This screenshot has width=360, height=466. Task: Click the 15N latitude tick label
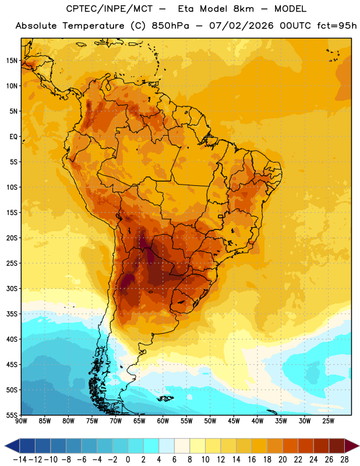12,61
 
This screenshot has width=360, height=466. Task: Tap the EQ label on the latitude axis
13,137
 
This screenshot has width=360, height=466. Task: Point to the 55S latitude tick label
12,415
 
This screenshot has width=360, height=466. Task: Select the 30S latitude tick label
12,288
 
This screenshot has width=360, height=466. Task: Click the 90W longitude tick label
21,421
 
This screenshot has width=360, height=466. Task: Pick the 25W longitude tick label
328,421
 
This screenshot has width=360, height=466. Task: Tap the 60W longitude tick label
163,421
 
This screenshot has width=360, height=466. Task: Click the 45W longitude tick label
234,421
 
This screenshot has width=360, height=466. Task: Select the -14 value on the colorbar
20,460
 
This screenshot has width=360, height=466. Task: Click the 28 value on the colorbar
344,460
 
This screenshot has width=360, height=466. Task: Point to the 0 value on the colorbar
128,460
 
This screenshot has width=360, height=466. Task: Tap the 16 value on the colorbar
252,460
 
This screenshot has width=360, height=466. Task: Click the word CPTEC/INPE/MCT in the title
110,9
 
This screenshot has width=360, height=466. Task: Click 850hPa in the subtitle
170,26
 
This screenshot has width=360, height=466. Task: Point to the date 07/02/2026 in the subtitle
241,26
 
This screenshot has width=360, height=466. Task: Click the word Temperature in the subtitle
93,26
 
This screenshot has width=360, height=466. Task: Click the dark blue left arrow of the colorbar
12,446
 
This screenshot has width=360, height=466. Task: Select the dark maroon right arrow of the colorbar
352,446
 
